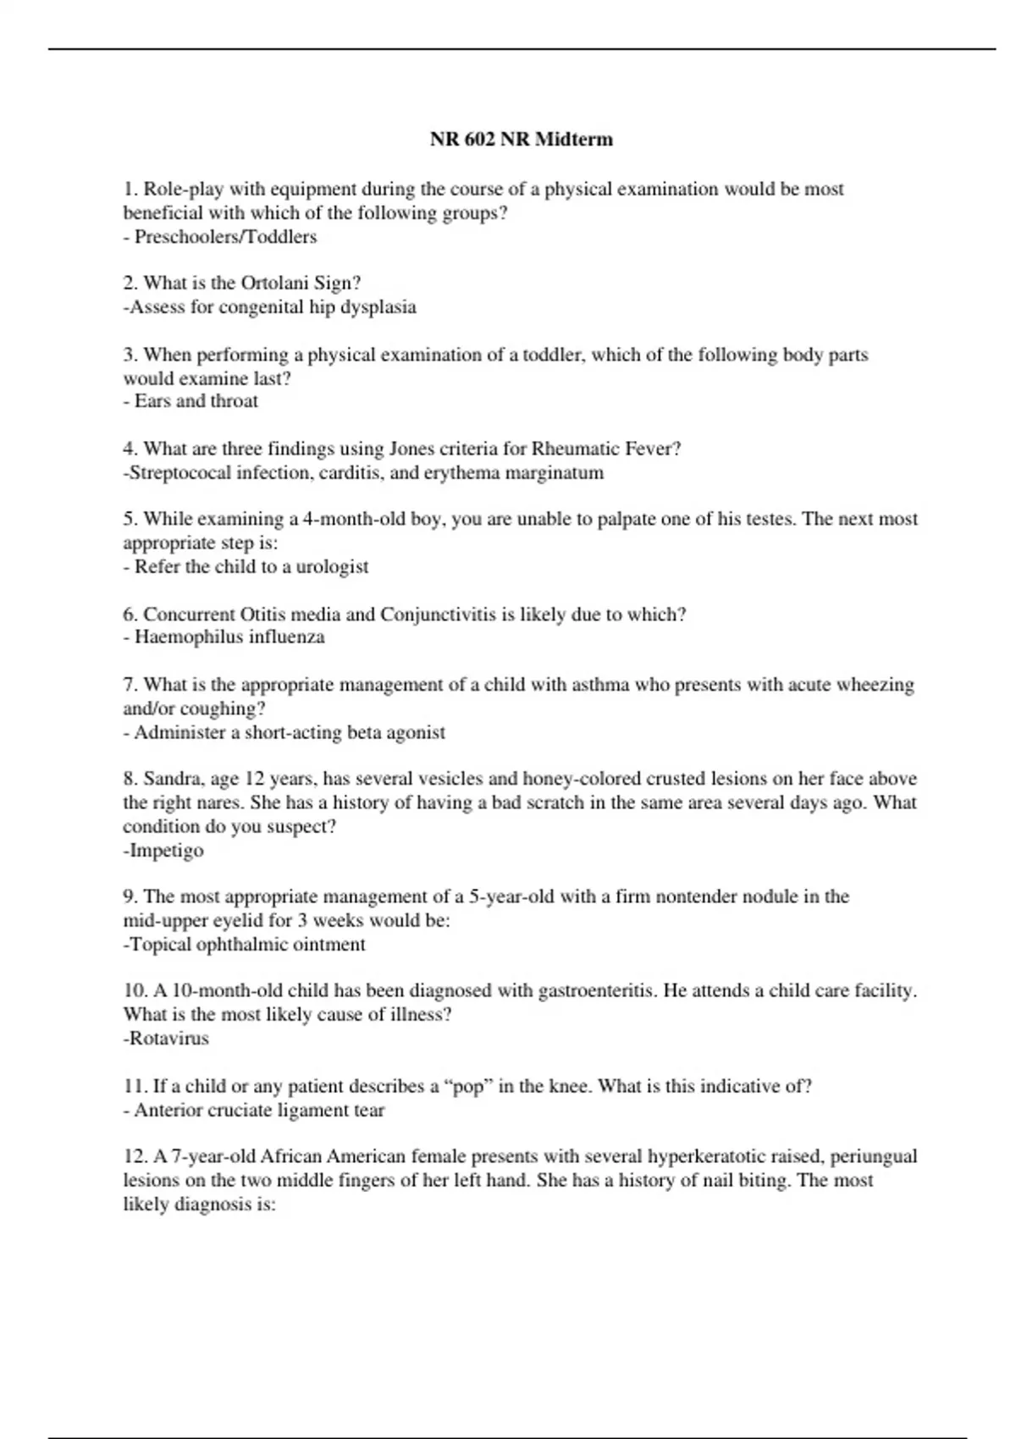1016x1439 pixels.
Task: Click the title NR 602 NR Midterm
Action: [521, 139]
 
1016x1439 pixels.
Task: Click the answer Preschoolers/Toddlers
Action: [225, 237]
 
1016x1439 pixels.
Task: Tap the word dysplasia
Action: [378, 307]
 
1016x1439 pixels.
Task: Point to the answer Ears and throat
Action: [196, 401]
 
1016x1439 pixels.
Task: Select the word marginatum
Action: [554, 472]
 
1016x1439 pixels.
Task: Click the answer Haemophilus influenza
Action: [229, 637]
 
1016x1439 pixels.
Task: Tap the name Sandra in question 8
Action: [174, 779]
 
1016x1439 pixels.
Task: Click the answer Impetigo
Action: [166, 850]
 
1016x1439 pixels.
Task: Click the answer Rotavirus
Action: [168, 1039]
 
